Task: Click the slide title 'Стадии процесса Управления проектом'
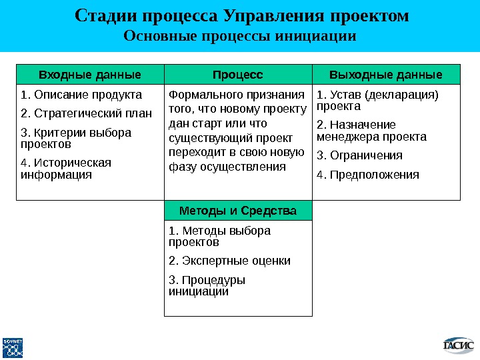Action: (x=241, y=15)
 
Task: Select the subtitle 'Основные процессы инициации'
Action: (x=241, y=35)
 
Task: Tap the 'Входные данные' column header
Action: (x=90, y=73)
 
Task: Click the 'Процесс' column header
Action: (x=238, y=73)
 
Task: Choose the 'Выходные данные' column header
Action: (x=387, y=73)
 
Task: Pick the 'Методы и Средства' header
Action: (x=238, y=211)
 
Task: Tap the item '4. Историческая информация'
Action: (x=66, y=169)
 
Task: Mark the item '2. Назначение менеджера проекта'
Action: (x=371, y=131)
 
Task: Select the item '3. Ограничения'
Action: (x=359, y=155)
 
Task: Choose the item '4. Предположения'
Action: (x=368, y=175)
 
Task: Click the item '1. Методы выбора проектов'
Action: (x=220, y=236)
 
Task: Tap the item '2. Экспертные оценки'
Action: (x=230, y=261)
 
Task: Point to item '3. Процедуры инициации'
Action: (x=207, y=285)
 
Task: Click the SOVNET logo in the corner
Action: (x=13, y=347)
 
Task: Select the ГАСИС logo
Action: (x=459, y=345)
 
